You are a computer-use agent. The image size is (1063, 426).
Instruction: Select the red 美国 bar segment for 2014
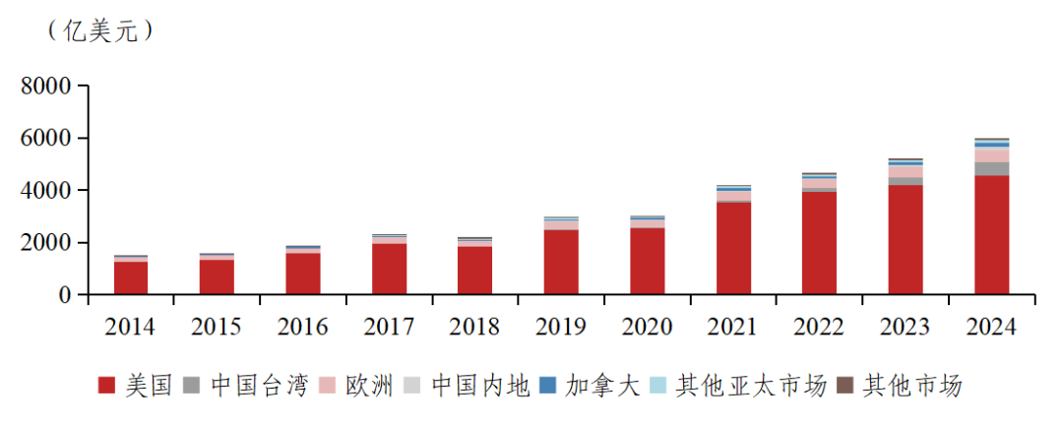pos(131,277)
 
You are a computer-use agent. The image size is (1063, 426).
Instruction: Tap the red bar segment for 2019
pos(561,262)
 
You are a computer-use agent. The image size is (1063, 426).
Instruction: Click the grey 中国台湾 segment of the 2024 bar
pos(991,168)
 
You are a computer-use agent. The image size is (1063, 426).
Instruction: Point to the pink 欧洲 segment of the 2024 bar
pos(991,155)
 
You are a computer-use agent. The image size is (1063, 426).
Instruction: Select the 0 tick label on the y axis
pos(65,295)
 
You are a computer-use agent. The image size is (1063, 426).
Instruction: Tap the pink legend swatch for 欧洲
pos(330,386)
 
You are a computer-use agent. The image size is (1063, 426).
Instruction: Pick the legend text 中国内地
pos(481,386)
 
